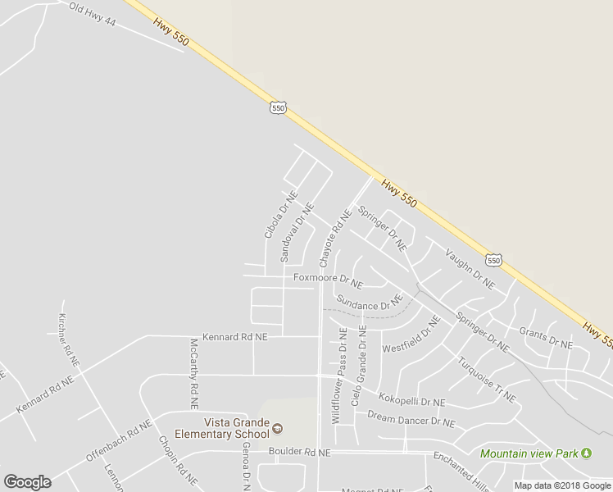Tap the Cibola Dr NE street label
click(279, 216)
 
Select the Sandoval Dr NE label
click(297, 232)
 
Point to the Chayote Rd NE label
click(334, 239)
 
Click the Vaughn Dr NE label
click(470, 268)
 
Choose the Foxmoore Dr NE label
click(328, 279)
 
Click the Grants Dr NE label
click(546, 337)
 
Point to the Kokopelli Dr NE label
click(411, 402)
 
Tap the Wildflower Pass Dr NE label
click(339, 375)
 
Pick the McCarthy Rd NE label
click(194, 374)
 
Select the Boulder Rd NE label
click(300, 452)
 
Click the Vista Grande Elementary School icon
click(277, 428)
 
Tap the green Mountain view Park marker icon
click(586, 453)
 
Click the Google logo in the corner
click(27, 481)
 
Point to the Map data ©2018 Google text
click(563, 485)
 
